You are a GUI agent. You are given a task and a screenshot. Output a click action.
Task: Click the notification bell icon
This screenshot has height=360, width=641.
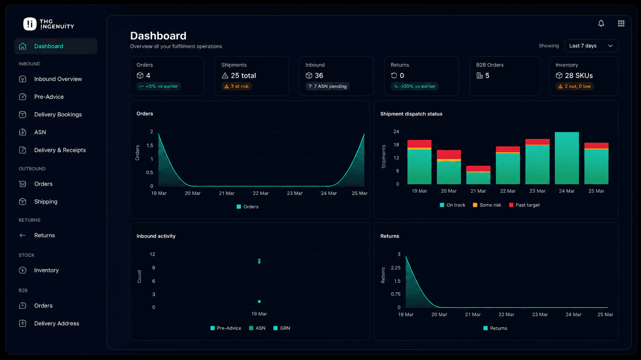click(601, 24)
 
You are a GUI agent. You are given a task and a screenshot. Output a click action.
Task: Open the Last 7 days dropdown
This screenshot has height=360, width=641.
click(591, 46)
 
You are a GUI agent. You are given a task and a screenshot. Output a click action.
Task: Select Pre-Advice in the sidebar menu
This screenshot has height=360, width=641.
click(49, 97)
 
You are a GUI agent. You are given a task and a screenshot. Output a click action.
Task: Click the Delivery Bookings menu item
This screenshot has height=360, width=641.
click(58, 114)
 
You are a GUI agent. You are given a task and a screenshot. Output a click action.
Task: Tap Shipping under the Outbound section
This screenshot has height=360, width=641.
click(46, 201)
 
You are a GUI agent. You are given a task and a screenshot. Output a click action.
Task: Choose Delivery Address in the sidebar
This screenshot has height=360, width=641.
click(57, 323)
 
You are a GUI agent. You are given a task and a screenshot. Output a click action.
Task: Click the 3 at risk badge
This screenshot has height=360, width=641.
click(237, 86)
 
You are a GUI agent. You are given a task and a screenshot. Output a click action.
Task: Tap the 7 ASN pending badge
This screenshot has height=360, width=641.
click(327, 86)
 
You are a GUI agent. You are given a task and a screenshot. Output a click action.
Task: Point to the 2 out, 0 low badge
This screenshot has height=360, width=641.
click(574, 86)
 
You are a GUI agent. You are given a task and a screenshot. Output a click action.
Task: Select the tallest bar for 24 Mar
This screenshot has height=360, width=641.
click(567, 158)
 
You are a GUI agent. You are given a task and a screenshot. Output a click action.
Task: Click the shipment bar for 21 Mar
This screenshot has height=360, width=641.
click(478, 175)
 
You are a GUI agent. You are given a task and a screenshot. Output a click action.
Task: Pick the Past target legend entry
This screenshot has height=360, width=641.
click(525, 205)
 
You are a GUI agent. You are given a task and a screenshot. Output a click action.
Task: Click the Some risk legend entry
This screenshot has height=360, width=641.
click(487, 205)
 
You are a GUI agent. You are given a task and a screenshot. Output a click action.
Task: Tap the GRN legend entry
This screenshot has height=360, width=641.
click(282, 328)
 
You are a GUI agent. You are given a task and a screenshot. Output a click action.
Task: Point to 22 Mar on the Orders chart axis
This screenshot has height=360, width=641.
click(261, 193)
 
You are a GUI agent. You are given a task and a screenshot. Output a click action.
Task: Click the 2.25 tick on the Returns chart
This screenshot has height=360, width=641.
click(396, 268)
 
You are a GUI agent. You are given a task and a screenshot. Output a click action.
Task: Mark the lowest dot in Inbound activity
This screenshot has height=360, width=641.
click(259, 302)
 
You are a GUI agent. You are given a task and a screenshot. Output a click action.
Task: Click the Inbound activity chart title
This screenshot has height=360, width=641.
click(156, 236)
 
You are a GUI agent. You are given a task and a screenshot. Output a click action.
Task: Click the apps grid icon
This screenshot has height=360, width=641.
click(621, 24)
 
